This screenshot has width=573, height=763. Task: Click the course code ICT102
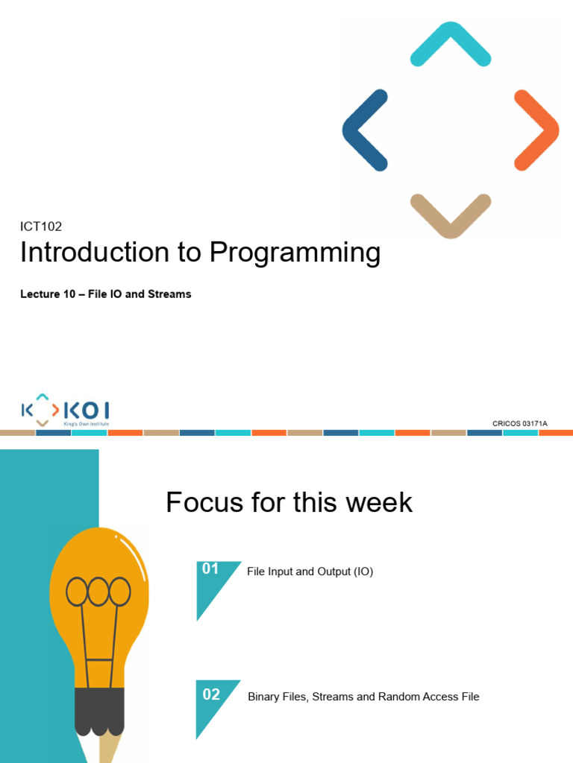coord(40,227)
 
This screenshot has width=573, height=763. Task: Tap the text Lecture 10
coord(49,294)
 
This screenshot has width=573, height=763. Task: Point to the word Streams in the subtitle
coord(169,294)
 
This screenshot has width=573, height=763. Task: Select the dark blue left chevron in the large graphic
coord(364,130)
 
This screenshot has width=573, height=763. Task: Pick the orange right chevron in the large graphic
coord(536,130)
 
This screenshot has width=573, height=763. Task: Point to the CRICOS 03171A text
coord(519,424)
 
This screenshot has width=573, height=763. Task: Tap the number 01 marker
coord(210,569)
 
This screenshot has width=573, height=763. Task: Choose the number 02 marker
coord(211,694)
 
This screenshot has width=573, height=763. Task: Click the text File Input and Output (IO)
coord(310,572)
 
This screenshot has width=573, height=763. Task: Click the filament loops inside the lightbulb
coord(98,592)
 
